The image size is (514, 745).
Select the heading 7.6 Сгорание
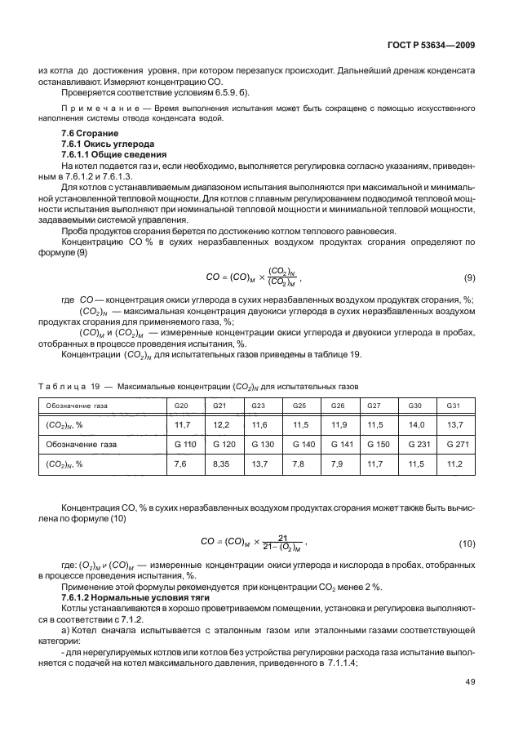90,133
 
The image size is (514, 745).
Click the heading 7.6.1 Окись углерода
102,143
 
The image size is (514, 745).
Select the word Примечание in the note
95,106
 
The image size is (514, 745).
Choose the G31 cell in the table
454,404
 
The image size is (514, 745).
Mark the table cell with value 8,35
221,463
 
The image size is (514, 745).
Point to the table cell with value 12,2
221,424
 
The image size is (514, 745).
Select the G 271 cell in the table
455,444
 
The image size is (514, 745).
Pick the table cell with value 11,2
454,463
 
